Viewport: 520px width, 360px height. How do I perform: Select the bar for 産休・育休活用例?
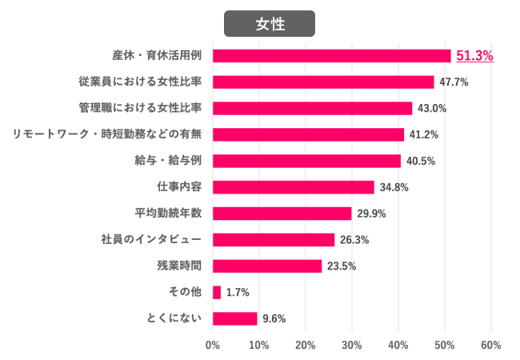[332, 56]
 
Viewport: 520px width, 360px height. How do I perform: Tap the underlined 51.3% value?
[474, 56]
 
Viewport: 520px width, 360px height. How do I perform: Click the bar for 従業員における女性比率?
[323, 82]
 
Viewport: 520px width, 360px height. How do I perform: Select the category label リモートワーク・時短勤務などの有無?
[107, 134]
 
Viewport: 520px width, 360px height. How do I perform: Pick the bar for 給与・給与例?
[306, 161]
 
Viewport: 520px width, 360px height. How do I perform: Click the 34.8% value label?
[394, 187]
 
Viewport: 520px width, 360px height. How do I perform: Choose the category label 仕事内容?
[178, 187]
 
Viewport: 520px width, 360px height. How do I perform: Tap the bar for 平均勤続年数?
[282, 214]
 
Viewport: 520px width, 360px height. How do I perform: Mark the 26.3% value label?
[355, 240]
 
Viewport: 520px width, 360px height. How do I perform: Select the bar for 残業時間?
[267, 266]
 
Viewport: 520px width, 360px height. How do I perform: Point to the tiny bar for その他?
[217, 293]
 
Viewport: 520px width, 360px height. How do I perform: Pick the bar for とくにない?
[235, 318]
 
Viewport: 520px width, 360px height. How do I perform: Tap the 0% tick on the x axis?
[213, 346]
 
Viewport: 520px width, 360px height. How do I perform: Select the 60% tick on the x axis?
[490, 346]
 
